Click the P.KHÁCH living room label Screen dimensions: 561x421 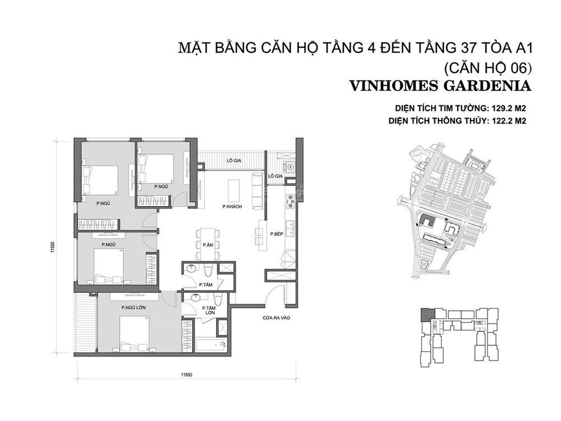(232, 207)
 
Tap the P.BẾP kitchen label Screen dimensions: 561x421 (277, 234)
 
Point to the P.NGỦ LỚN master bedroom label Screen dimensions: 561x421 (134, 308)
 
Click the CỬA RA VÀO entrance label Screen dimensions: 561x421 (276, 317)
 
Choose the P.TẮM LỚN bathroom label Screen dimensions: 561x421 (208, 311)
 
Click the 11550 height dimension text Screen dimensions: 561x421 (53, 248)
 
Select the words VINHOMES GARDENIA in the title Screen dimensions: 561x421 (440, 86)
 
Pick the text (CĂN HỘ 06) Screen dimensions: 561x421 (486, 68)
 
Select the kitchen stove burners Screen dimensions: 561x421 (290, 201)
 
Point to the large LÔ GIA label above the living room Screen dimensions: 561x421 (234, 161)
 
